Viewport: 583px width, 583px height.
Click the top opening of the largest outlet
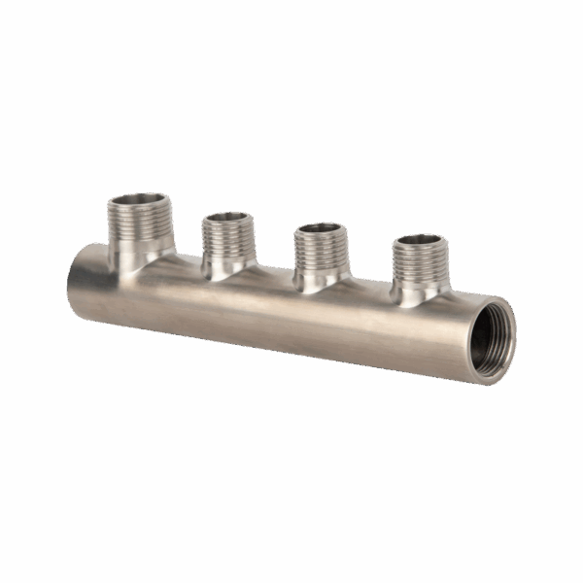tap(140, 200)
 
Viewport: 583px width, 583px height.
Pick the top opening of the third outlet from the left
tap(318, 230)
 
